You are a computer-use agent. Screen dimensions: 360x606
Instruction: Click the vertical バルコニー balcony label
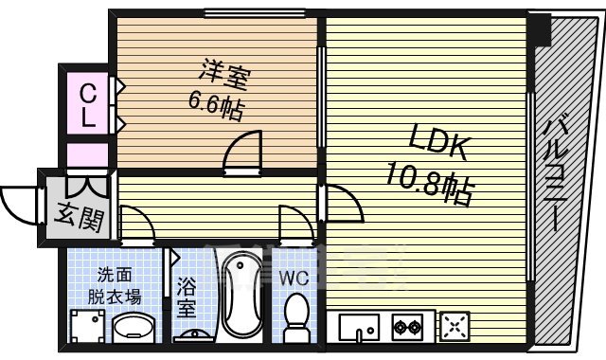pos(559,175)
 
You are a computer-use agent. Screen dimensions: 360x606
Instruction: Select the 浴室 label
pos(187,295)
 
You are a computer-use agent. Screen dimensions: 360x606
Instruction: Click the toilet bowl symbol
pos(297,315)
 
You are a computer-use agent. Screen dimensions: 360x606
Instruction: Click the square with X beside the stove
pos(454,328)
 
